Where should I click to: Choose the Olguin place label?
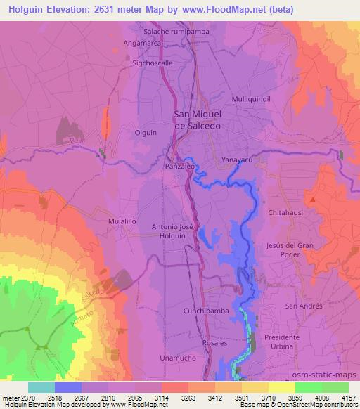pyautogui.click(x=146, y=132)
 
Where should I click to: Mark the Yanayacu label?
pyautogui.click(x=236, y=159)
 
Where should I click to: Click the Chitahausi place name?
pyautogui.click(x=285, y=212)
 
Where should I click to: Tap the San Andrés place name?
pyautogui.click(x=303, y=306)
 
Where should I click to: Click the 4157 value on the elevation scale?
pyautogui.click(x=347, y=398)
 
